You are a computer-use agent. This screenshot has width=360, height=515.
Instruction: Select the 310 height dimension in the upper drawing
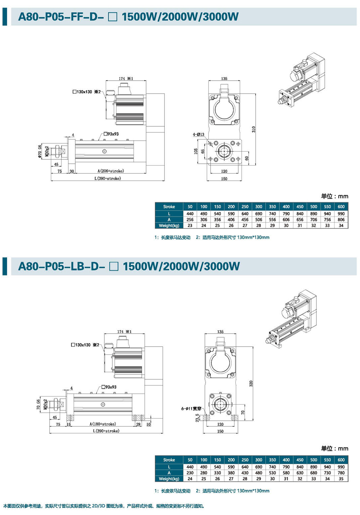pos(253,129)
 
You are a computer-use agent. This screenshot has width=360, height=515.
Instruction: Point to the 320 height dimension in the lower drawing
pos(251,384)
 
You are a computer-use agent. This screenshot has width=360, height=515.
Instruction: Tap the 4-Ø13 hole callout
pos(198,135)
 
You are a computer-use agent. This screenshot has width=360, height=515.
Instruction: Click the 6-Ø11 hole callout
pos(191,409)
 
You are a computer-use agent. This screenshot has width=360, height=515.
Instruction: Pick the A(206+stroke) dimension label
pos(111,171)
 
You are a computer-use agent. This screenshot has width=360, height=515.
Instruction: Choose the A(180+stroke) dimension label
pos(103,424)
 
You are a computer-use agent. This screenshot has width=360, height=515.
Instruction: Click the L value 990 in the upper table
pos(341,214)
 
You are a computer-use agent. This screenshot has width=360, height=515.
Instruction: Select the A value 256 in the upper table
pos(190,220)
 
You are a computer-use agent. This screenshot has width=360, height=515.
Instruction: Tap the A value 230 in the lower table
pos(190,473)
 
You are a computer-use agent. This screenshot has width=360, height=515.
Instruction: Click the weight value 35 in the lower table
pos(341,479)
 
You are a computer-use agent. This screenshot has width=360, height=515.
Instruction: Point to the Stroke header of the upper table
pos(169,207)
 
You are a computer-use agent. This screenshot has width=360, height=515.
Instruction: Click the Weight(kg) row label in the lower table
pos(169,479)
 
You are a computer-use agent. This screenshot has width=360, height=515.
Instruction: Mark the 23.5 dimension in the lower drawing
pos(197,417)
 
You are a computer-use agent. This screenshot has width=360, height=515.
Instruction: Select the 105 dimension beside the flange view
pos(196,152)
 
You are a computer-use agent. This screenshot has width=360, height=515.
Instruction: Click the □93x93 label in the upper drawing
pos(111,134)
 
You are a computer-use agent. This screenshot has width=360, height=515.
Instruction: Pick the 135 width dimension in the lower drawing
pos(220,332)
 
